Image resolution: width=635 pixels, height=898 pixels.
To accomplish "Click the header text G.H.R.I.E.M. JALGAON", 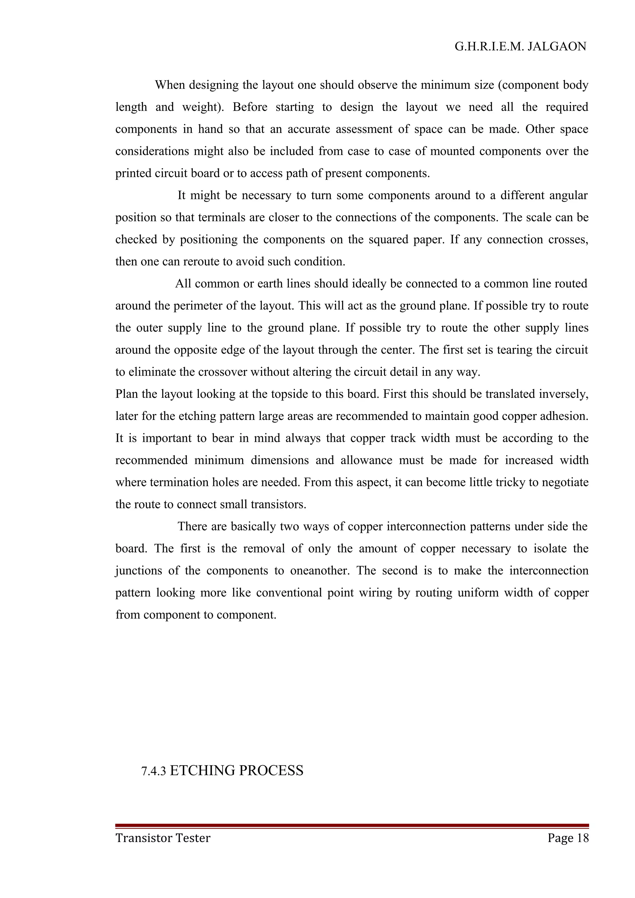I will (520, 47).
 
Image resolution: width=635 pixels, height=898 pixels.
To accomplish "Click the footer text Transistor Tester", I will (163, 838).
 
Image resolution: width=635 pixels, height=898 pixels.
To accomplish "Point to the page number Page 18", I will (568, 838).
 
